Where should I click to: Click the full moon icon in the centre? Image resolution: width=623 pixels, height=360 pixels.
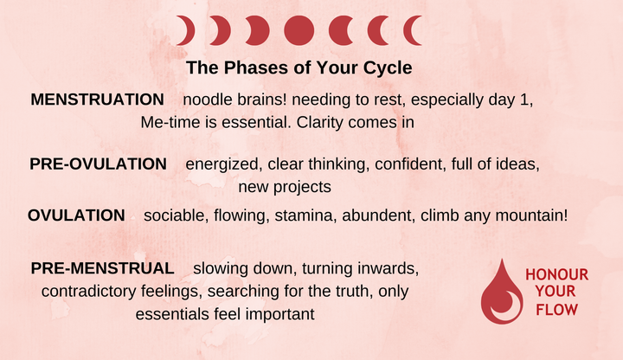(x=299, y=31)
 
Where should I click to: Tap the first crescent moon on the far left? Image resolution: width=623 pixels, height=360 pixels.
(x=184, y=31)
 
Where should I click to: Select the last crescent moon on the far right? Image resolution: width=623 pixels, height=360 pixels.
(x=414, y=31)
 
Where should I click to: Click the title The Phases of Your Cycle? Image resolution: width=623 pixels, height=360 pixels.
(x=299, y=67)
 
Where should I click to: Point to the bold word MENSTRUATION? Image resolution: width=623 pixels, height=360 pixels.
(x=97, y=100)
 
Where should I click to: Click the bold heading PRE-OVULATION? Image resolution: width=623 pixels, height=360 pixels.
(x=98, y=164)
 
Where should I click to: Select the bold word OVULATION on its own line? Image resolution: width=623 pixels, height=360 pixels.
(x=76, y=215)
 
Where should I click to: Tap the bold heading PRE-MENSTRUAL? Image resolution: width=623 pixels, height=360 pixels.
(x=103, y=268)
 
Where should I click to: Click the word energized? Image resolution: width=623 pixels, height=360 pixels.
(x=222, y=164)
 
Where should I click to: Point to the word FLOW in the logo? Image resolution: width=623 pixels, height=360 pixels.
(x=556, y=309)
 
